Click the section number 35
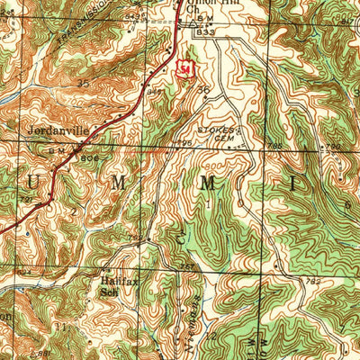point(84,83)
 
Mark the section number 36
point(203,90)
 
